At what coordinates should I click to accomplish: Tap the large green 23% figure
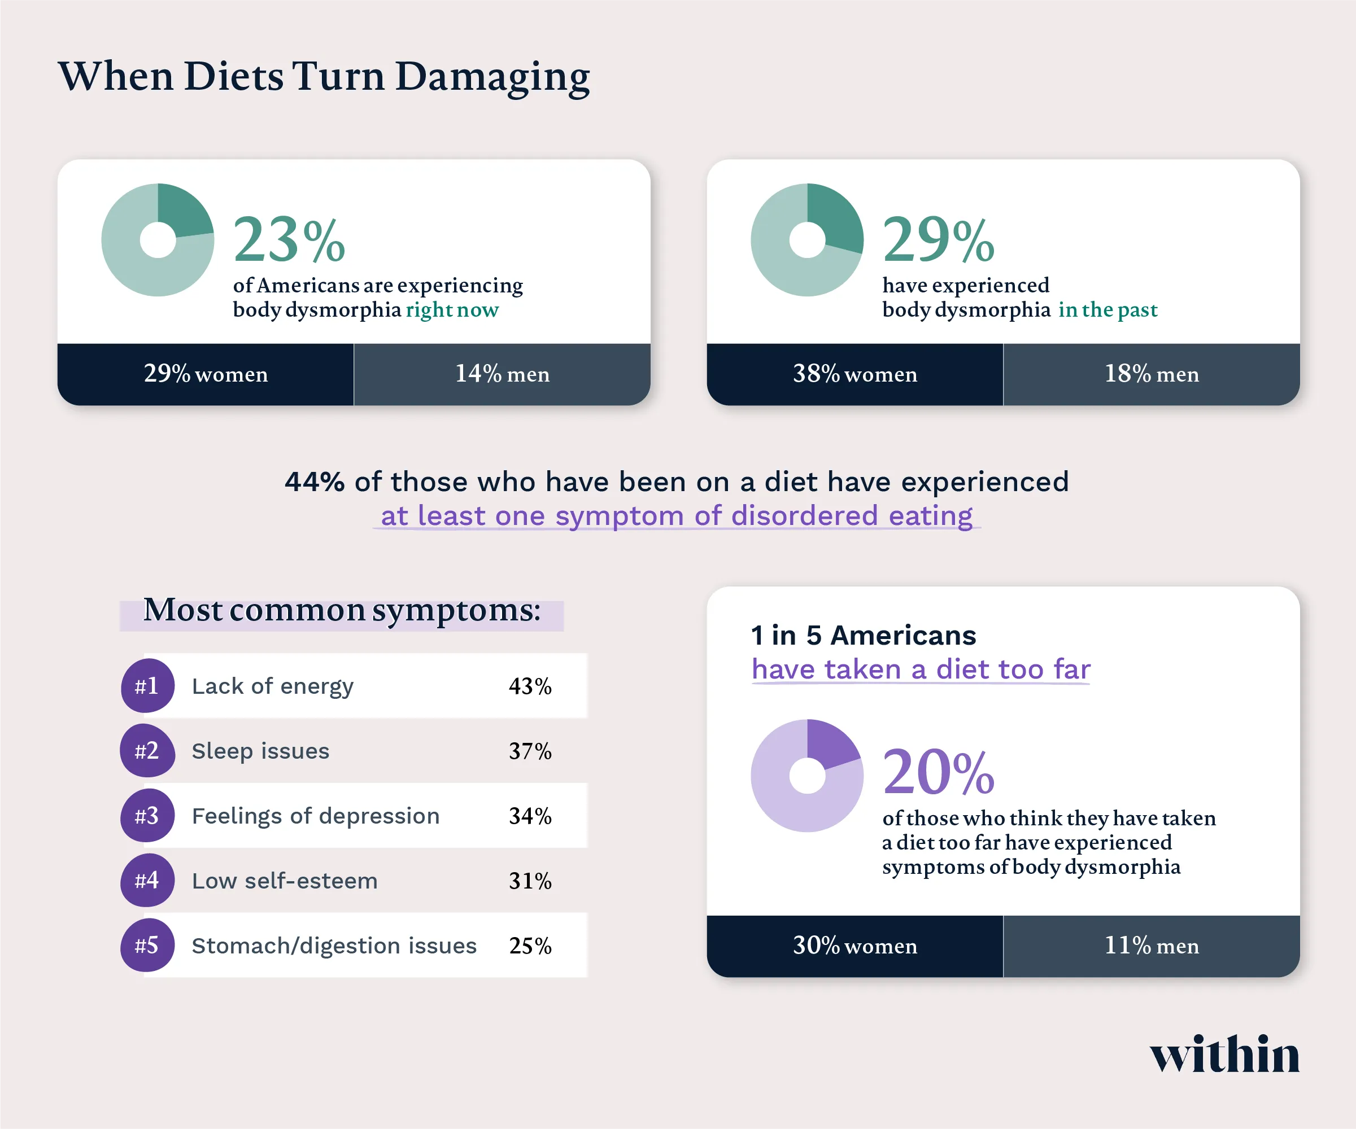(289, 240)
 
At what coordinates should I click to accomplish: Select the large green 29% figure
(938, 240)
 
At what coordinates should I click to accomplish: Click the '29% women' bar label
(206, 374)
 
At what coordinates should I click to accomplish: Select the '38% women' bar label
(854, 374)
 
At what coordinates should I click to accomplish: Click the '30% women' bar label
(854, 946)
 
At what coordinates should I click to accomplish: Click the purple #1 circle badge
(147, 685)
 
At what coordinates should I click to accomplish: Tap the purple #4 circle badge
(147, 881)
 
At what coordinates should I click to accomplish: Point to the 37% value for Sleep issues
(530, 751)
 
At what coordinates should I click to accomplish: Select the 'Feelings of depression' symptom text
(315, 816)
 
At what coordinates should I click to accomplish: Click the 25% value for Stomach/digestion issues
(530, 946)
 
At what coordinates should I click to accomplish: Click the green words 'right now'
(451, 310)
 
